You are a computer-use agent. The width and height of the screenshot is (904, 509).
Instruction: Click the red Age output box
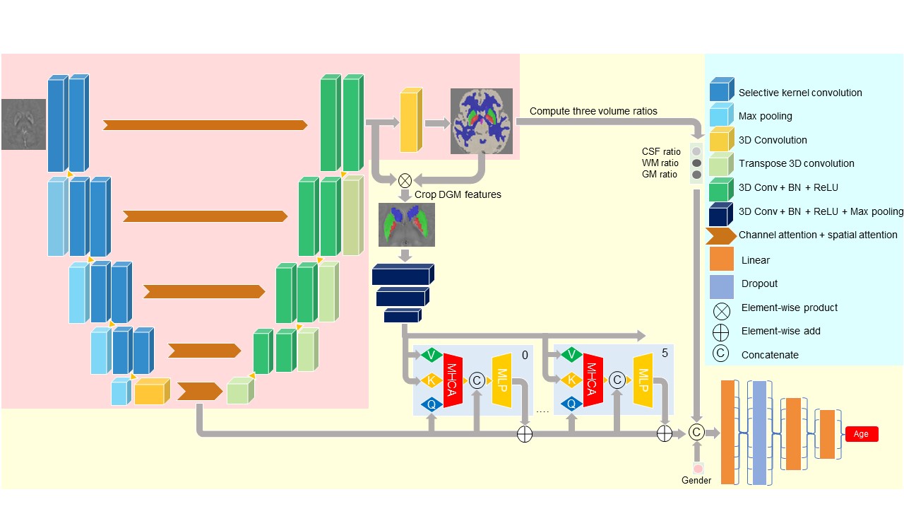[862, 434]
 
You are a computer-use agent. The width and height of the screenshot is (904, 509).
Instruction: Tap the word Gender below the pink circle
[696, 481]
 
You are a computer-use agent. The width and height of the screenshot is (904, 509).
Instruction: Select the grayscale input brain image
[23, 124]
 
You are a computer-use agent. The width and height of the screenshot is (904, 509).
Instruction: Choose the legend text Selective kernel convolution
[800, 93]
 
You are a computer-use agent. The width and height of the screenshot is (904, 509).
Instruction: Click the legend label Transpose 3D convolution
[797, 163]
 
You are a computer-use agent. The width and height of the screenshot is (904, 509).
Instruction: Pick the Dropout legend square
[722, 284]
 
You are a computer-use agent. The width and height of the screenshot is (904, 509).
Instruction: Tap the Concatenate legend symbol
[721, 354]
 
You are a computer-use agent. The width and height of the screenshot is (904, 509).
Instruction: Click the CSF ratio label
[661, 151]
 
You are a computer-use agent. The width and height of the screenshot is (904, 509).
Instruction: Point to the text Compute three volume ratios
[593, 111]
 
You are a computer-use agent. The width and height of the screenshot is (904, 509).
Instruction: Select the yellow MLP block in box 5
[643, 380]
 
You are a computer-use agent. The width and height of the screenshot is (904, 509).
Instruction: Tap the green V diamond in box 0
[432, 355]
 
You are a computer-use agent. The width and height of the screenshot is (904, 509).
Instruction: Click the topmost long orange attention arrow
[205, 125]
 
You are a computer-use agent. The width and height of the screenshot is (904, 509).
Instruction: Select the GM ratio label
[660, 175]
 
